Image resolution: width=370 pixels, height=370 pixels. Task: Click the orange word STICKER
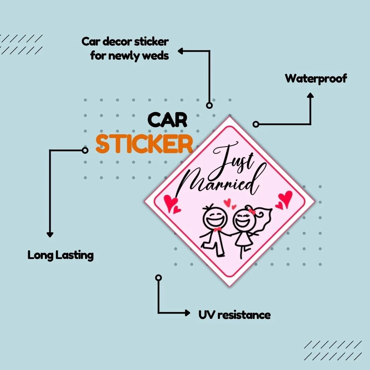click(144, 144)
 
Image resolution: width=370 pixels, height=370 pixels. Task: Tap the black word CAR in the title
click(167, 120)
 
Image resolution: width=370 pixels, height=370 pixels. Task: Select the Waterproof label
click(316, 79)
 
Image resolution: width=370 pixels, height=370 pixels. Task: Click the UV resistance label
click(235, 315)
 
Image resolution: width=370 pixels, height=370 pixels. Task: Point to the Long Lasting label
click(61, 255)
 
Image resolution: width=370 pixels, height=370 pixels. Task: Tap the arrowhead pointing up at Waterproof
click(310, 95)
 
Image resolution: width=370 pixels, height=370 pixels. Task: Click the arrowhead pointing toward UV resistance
click(188, 313)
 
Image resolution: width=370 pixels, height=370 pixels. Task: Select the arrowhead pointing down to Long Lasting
click(50, 235)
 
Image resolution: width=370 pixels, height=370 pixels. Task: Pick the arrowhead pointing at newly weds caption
click(181, 51)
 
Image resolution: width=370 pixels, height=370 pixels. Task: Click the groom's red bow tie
click(218, 229)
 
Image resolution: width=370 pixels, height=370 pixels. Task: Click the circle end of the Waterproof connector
click(256, 124)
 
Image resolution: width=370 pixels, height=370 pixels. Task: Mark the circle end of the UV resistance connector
click(159, 277)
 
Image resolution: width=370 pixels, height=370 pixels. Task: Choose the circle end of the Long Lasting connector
click(85, 150)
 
